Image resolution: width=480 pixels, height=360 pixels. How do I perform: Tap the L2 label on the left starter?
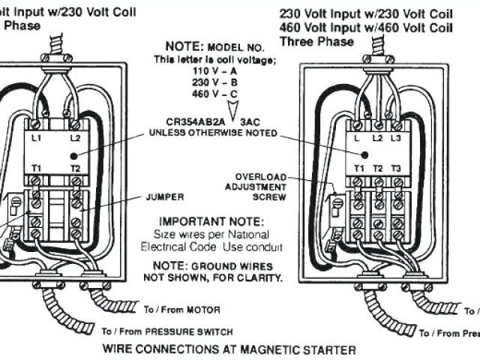[75, 139]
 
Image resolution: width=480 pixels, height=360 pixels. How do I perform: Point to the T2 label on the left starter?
[75, 168]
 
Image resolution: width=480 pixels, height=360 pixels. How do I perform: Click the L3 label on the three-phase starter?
[396, 139]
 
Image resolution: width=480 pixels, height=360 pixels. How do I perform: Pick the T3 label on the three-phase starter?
[396, 168]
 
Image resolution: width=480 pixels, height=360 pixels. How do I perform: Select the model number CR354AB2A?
[190, 119]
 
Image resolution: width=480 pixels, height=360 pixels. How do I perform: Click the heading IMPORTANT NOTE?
[211, 222]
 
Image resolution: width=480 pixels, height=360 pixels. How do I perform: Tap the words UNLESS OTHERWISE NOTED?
[213, 133]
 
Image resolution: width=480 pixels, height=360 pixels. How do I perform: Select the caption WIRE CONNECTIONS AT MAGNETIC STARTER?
[229, 349]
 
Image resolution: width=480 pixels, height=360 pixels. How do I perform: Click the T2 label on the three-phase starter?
[377, 168]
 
